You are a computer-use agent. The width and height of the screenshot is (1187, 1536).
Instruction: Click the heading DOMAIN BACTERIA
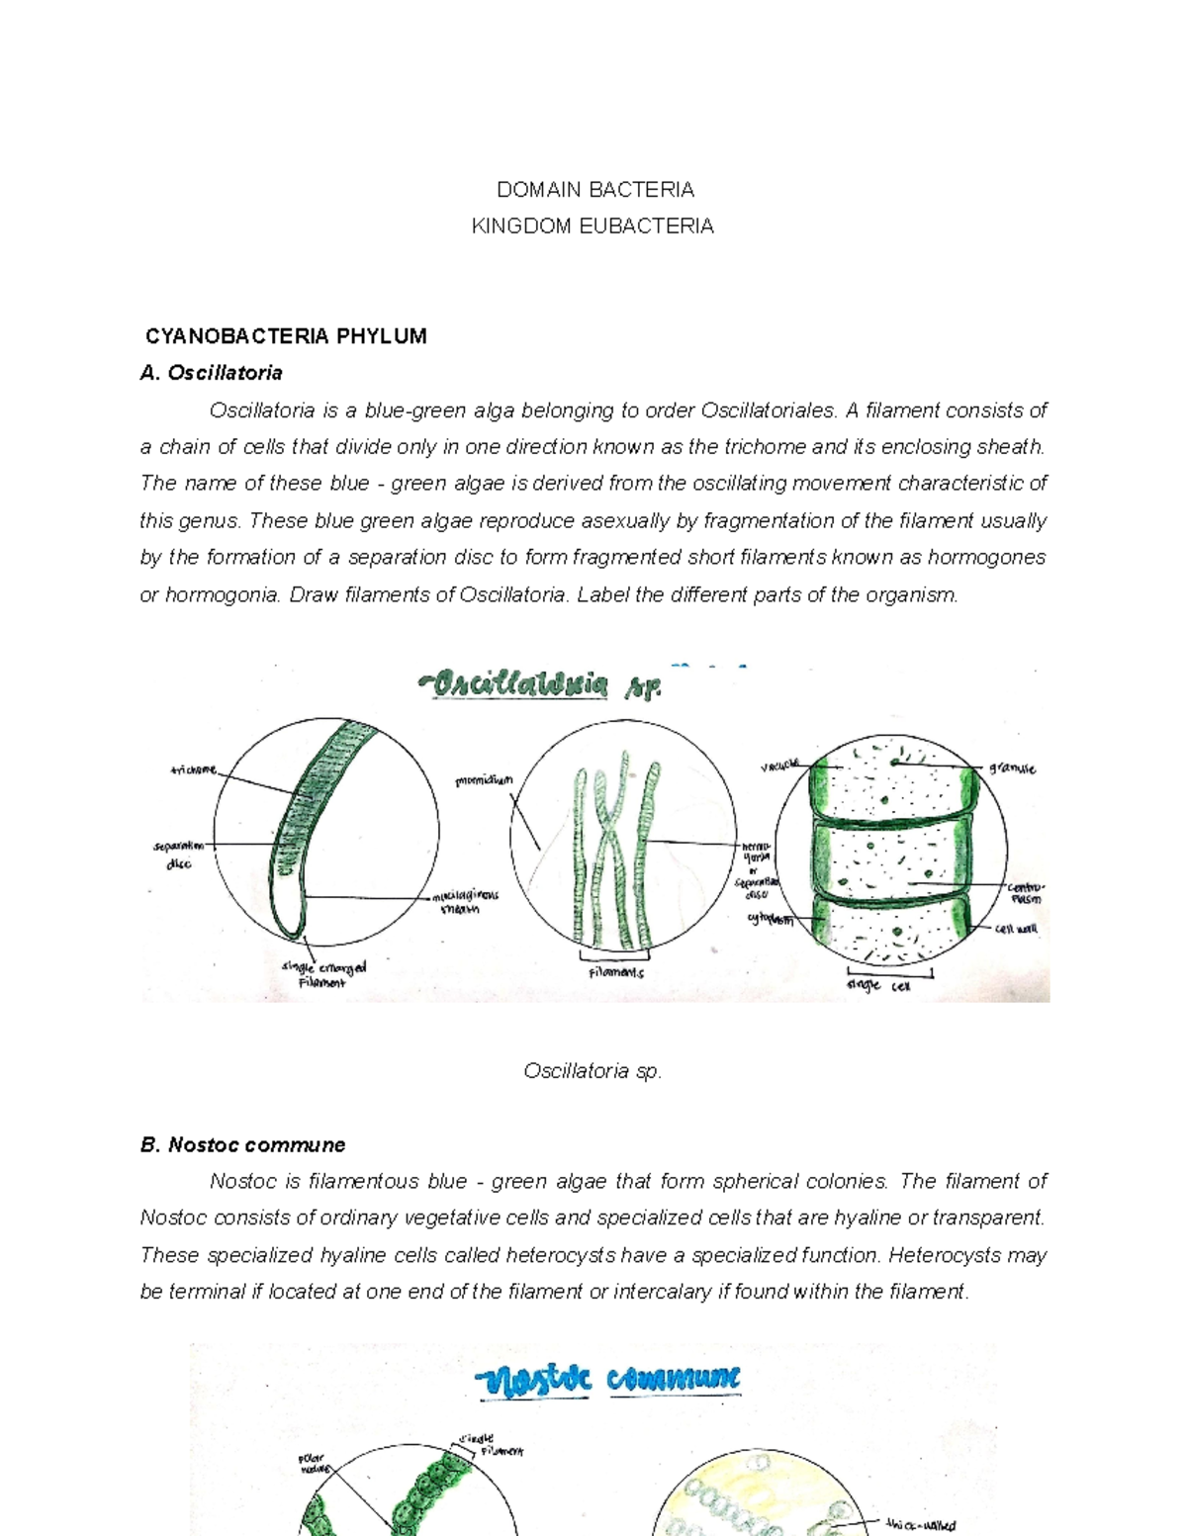tap(594, 189)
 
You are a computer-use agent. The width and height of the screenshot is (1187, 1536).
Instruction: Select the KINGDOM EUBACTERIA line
tap(593, 226)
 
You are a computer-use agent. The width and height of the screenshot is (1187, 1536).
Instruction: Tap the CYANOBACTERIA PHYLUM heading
tap(286, 336)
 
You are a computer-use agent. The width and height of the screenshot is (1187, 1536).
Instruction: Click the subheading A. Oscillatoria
tap(212, 373)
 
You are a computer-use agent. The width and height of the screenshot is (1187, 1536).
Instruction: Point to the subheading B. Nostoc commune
tap(242, 1144)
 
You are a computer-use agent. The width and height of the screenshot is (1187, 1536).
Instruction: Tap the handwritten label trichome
tap(193, 769)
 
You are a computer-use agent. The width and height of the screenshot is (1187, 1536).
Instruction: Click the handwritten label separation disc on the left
tap(178, 855)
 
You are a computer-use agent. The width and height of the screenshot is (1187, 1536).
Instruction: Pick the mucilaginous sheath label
tap(464, 902)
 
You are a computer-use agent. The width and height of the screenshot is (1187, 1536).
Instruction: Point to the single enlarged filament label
tap(323, 974)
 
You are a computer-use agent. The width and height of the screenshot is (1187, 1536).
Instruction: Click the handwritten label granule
tap(1012, 768)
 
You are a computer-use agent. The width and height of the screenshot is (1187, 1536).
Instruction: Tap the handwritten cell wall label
tap(1016, 930)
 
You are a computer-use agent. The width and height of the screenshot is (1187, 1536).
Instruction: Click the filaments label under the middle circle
tap(615, 973)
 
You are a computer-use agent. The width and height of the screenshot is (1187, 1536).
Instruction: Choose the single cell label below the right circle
tap(878, 986)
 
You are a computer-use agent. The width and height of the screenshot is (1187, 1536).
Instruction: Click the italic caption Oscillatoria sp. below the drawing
tap(593, 1071)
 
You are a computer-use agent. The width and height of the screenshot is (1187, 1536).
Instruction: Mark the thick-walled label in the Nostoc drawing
tap(921, 1525)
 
